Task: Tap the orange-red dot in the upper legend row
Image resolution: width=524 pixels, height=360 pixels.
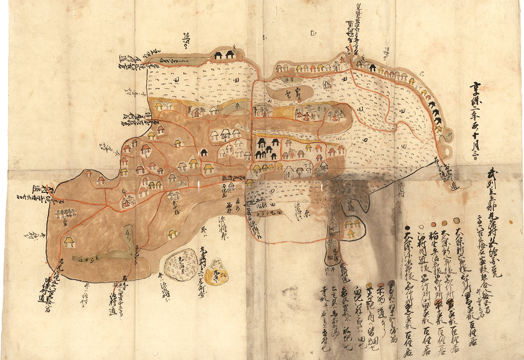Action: coord(434,225)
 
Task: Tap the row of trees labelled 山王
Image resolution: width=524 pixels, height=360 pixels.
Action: coord(65,213)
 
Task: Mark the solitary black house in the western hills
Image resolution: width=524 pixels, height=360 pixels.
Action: coord(204,153)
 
